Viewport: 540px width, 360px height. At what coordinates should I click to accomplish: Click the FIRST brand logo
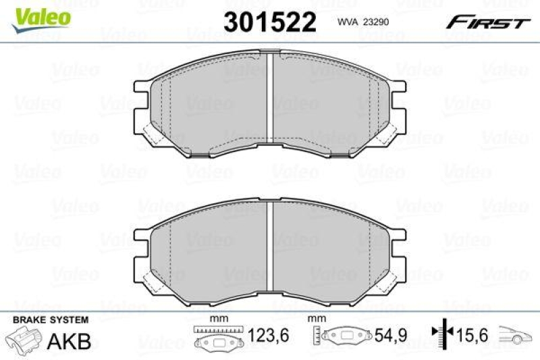coord(486,22)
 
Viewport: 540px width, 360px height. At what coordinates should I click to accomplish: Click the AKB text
coord(70,340)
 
